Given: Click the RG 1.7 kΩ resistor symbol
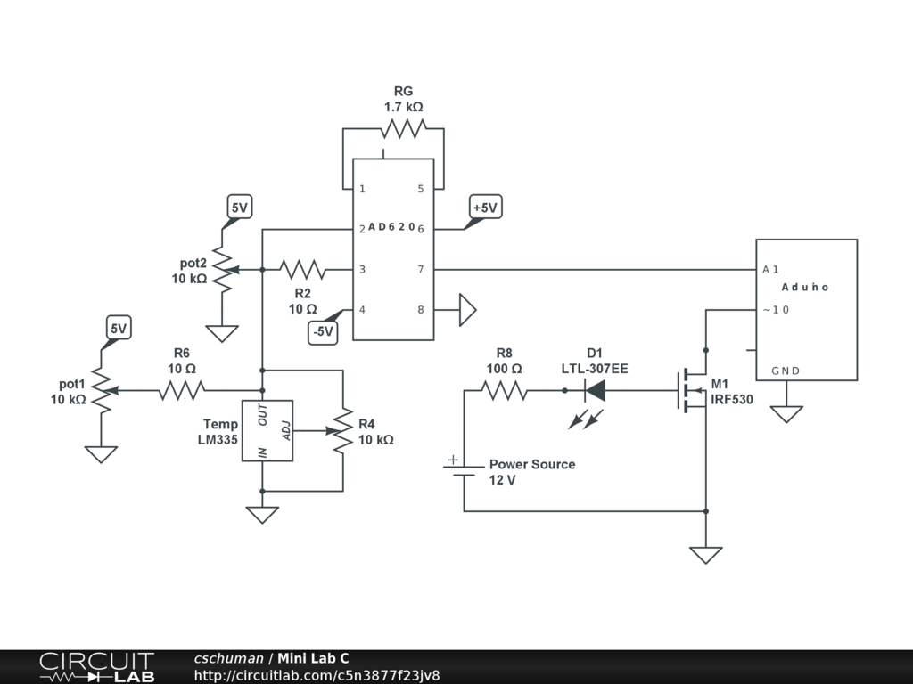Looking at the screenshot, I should coord(400,130).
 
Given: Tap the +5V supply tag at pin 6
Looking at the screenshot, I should coord(485,208).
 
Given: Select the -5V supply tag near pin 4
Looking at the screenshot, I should coord(323,331).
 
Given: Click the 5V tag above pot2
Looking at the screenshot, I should coord(240,208).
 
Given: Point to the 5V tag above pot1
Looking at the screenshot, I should coord(119,329).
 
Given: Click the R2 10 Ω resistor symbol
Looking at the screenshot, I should coord(302,269).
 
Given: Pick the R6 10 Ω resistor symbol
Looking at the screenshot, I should coord(182,390).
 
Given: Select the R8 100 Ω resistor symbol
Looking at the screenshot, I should coord(505,390).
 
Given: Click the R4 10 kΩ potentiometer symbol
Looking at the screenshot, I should coord(341,431).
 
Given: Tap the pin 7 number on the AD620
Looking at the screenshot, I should coord(421,269).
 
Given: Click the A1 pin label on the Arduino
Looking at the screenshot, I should coord(771,269).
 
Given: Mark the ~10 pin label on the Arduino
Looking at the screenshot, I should coord(776,310).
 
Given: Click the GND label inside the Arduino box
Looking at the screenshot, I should coord(786,370).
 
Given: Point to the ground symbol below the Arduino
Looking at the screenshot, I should coord(786,414).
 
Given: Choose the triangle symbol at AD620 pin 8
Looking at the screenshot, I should coord(467,310).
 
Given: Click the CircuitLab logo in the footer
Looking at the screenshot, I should coord(96,667).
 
